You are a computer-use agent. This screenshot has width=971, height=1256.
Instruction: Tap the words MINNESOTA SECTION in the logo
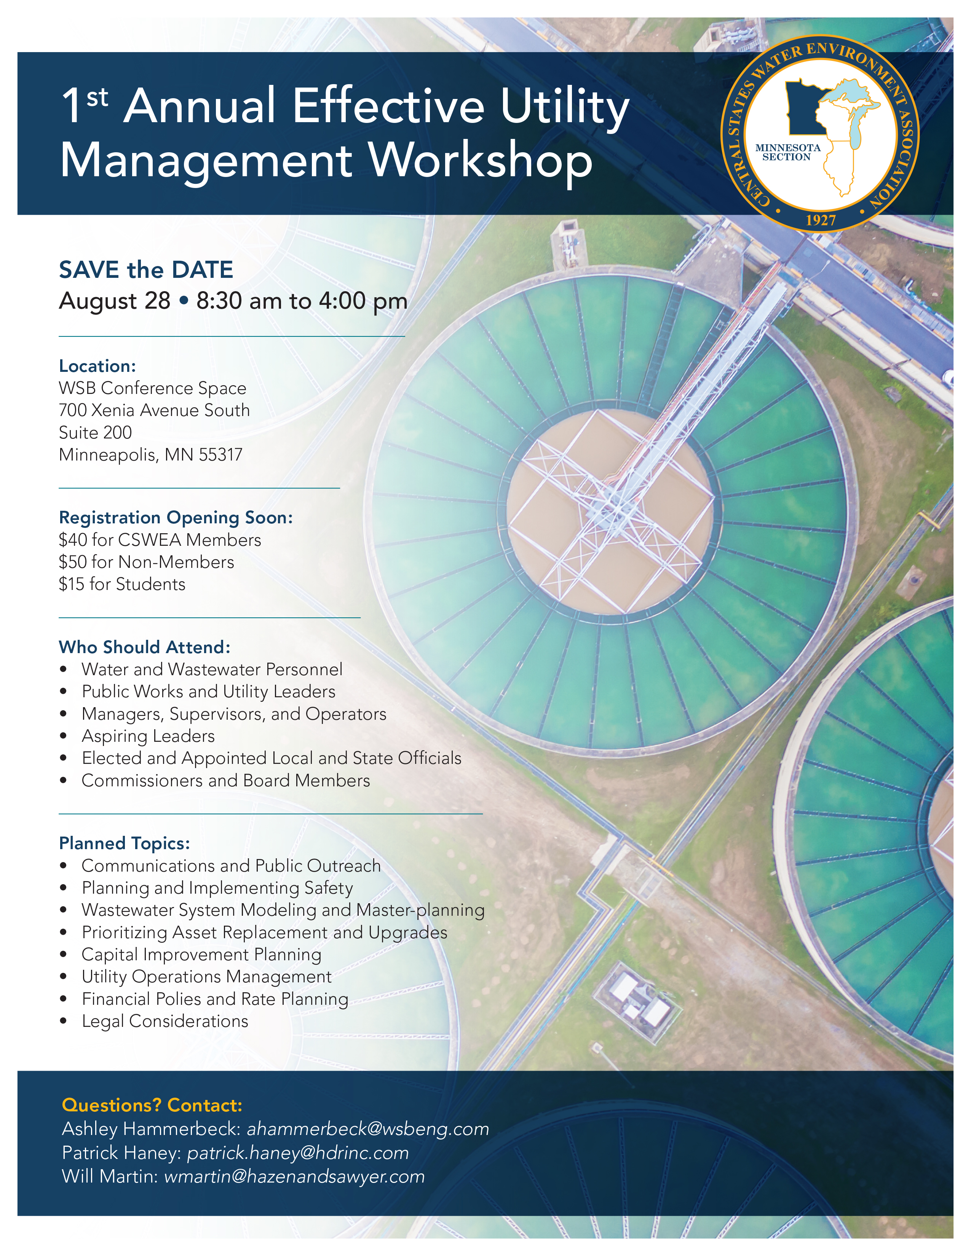click(787, 152)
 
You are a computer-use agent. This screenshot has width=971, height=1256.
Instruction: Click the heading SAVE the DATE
click(146, 270)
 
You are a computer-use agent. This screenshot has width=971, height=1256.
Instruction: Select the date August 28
click(115, 301)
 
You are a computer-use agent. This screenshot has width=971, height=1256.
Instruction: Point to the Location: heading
click(97, 366)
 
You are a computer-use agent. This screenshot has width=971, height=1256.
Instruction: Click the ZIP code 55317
click(220, 455)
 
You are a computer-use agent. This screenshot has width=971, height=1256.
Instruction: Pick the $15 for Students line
click(122, 584)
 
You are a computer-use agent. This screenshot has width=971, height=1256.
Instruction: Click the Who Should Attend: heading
click(144, 647)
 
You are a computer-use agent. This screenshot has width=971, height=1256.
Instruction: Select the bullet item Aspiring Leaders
click(148, 736)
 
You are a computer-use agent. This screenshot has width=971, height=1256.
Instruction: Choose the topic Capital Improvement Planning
click(201, 954)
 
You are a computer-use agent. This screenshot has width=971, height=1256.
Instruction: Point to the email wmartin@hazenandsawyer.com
click(294, 1176)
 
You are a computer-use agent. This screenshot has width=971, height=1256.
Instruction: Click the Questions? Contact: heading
click(152, 1105)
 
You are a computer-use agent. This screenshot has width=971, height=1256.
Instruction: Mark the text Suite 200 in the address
click(96, 432)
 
